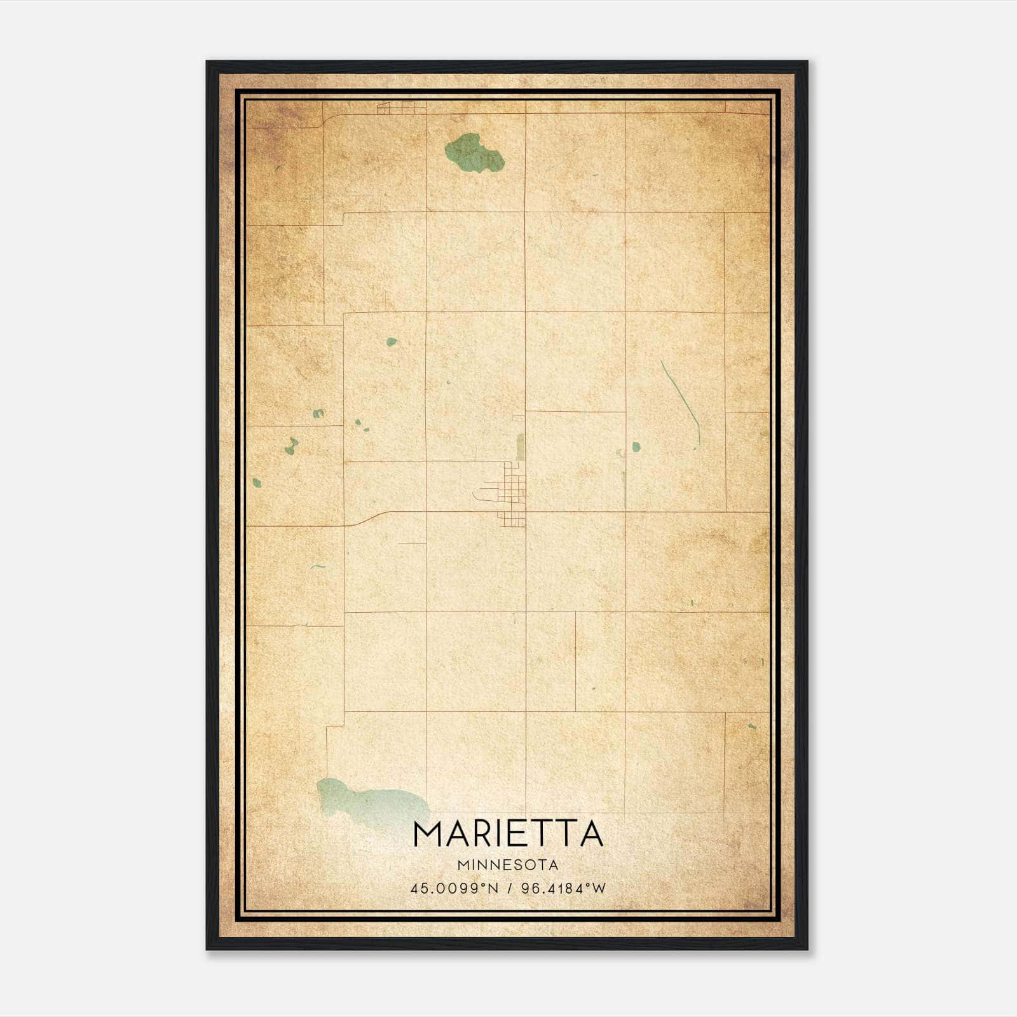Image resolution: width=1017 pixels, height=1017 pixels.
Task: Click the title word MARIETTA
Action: coord(508,834)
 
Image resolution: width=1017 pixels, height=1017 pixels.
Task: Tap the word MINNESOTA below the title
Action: coord(508,865)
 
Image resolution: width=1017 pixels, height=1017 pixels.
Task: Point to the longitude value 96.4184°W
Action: coord(564,888)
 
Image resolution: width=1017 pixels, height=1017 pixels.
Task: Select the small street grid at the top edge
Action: coord(395,109)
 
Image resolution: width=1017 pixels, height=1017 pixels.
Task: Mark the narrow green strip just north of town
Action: coord(520,447)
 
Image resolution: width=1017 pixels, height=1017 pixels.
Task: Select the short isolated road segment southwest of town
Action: coord(411,543)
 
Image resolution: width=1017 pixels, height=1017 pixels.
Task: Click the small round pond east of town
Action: coord(636,447)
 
